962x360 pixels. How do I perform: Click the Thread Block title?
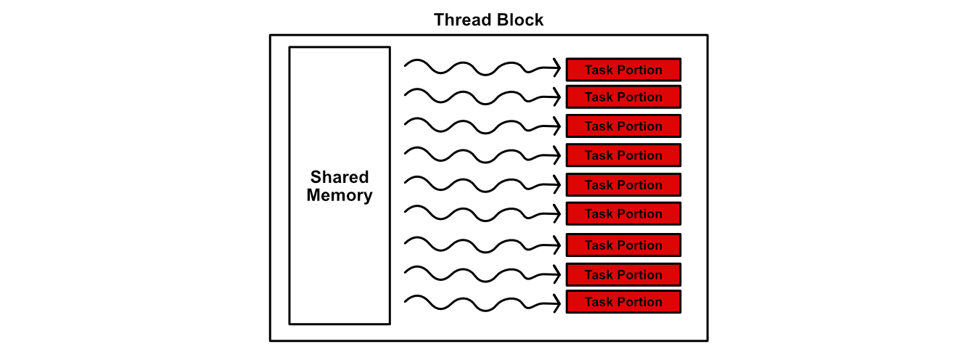pos(488,20)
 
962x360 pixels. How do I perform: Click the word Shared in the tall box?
pos(340,177)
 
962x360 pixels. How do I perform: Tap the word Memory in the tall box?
pos(340,195)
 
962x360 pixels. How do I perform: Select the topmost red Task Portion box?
pos(623,70)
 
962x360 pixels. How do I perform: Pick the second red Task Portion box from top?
pos(623,97)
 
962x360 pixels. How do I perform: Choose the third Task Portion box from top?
pos(623,126)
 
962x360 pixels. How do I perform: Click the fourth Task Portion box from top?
pos(623,155)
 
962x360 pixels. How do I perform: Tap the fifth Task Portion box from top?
pos(623,185)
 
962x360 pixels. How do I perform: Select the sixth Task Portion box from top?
pos(623,213)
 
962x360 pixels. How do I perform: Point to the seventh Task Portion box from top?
pos(623,245)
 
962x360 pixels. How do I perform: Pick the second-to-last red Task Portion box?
pos(623,274)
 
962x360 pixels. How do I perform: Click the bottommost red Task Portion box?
pos(623,302)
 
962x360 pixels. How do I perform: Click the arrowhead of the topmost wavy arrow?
pos(559,68)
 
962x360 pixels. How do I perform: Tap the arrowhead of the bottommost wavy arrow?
pos(559,303)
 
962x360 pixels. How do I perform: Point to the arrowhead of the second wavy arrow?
pos(559,97)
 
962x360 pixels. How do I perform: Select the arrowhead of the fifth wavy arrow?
pos(559,185)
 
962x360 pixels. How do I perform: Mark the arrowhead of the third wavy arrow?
pos(559,126)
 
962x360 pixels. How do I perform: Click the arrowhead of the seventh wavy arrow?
pos(559,245)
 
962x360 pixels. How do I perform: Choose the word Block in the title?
pos(519,20)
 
